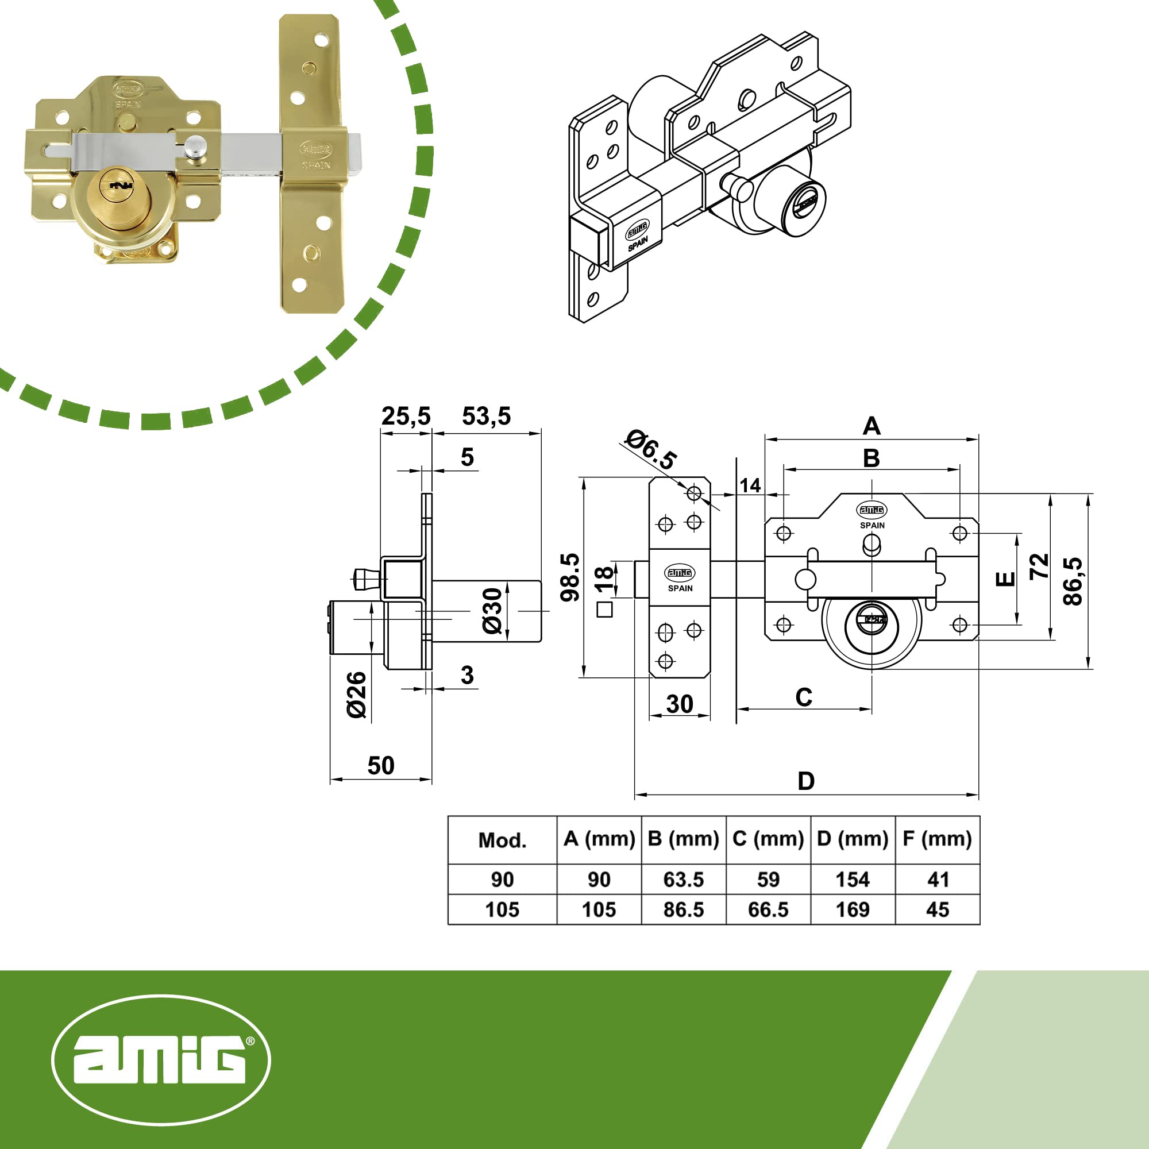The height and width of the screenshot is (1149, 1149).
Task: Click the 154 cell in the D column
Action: [x=852, y=880]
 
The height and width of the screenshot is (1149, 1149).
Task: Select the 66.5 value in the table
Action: [x=768, y=909]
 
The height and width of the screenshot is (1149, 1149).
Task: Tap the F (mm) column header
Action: [x=937, y=839]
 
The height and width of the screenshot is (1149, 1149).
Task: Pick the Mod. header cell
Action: [x=503, y=840]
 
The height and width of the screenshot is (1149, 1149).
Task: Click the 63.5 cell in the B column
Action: [x=683, y=880]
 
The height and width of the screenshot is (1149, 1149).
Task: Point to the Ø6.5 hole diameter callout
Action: [x=651, y=450]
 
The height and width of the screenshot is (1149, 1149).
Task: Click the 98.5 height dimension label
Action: [x=570, y=577]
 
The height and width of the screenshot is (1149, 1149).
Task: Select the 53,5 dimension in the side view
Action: [x=486, y=417]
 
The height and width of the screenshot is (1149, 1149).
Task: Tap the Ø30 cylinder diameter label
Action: [x=492, y=611]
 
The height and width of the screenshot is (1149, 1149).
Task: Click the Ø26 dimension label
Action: [x=357, y=695]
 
